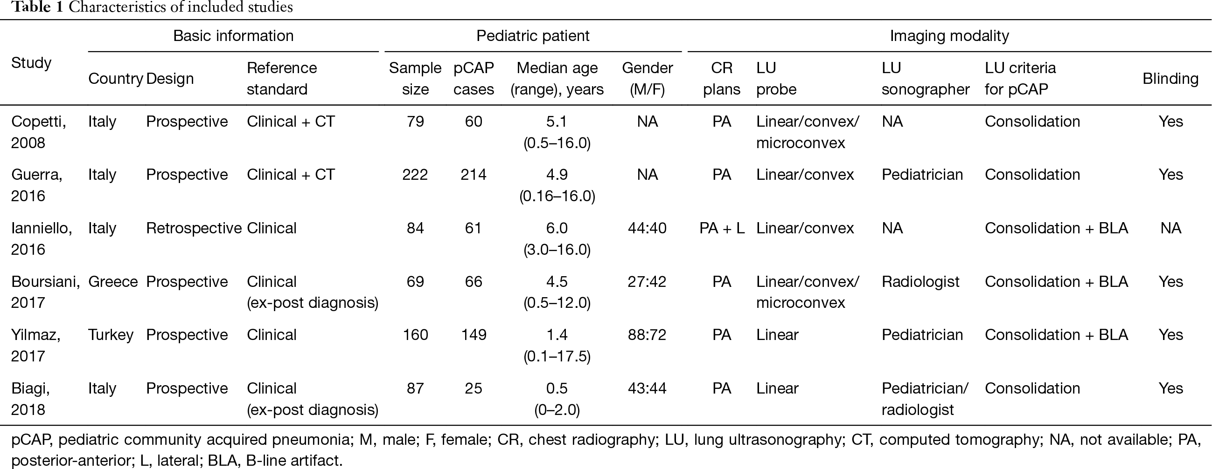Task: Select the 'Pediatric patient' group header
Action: pos(533,36)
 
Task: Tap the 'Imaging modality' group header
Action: pos(949,36)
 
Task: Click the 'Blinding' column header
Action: pos(1170,79)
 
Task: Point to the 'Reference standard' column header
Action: pos(282,79)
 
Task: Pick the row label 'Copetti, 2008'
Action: pos(39,132)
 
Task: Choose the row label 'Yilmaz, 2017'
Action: pos(36,346)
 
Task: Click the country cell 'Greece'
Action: pos(113,281)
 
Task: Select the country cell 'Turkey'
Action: pos(111,335)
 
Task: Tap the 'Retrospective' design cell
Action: pos(194,228)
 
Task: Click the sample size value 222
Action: pos(415,175)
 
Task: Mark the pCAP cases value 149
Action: pos(474,335)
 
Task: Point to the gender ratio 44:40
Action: pos(647,228)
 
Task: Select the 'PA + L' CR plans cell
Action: pos(722,228)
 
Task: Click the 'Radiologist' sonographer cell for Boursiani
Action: pos(920,281)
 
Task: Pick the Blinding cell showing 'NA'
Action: pos(1170,228)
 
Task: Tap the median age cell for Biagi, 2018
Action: pos(557,399)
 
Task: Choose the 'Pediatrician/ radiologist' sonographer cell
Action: pos(925,399)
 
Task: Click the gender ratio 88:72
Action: pos(647,335)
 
